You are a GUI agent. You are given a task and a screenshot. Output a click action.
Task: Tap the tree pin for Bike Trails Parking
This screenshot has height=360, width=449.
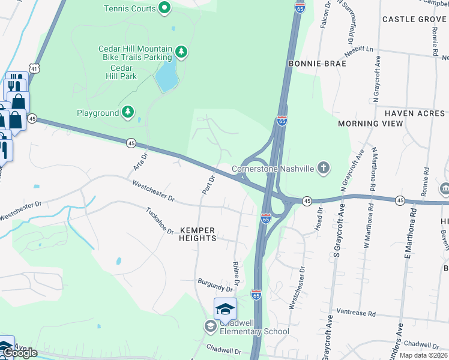pos(180,53)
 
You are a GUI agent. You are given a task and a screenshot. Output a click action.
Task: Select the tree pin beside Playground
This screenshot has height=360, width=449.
pos(127,112)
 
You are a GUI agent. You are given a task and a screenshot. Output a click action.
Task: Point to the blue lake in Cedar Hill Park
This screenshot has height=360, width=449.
pos(166,76)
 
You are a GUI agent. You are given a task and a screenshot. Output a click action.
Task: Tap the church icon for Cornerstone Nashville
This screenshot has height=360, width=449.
pos(324,169)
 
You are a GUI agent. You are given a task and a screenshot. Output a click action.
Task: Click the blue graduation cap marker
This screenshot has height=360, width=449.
pos(225,309)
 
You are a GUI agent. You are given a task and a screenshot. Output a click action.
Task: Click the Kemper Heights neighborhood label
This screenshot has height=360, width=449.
pos(197,234)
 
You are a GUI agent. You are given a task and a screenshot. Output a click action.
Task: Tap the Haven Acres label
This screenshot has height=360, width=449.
pos(415,113)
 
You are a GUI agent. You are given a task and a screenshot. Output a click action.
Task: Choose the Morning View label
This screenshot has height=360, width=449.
pos(370,124)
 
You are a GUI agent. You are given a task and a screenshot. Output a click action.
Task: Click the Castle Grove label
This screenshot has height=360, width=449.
pos(414,20)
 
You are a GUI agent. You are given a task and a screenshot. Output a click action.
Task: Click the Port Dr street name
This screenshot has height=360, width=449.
pos(208,184)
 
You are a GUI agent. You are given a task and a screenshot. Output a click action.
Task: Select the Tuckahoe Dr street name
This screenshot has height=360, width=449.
pos(160,221)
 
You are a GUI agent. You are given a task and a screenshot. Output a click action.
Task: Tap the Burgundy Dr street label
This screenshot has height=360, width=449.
pos(215,284)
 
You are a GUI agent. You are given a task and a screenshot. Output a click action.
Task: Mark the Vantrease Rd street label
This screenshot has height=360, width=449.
pos(355,313)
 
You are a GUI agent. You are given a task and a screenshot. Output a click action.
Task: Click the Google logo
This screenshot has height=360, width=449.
pos(20,353)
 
